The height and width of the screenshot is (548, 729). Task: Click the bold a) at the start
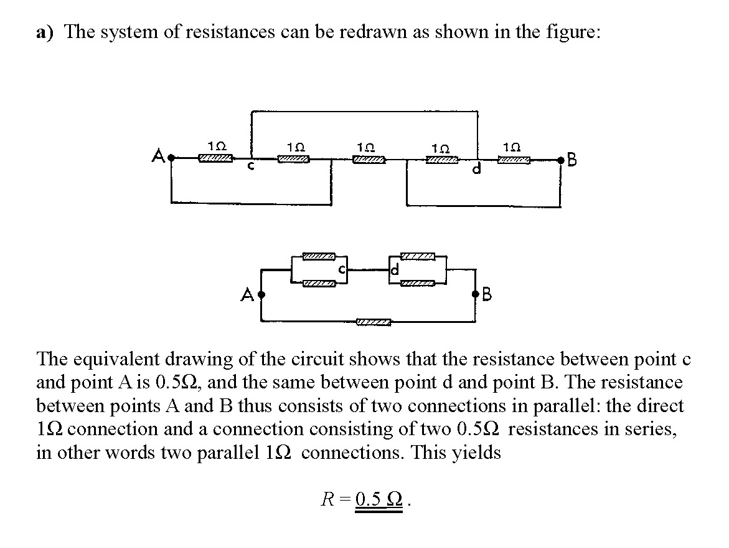[45, 32]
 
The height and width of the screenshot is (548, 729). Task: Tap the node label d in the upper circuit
[477, 169]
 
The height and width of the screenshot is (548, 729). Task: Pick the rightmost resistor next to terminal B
[514, 160]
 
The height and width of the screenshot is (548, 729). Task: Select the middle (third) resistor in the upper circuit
[368, 160]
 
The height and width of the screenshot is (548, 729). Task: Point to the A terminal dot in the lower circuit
[261, 294]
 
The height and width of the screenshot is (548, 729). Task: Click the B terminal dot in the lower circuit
[477, 294]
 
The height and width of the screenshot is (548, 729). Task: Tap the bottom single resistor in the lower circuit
[374, 322]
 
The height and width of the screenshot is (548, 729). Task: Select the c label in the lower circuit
[342, 271]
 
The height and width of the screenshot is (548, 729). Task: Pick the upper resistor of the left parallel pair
[319, 256]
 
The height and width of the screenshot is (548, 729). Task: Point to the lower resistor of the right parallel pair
[418, 284]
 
